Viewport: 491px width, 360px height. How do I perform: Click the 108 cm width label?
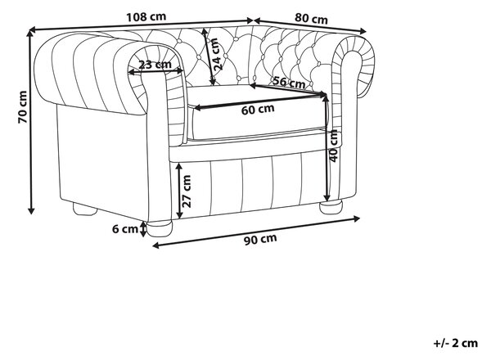[x=146, y=16]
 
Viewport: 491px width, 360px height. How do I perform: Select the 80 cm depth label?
[x=311, y=19]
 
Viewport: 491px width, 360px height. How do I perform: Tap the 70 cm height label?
[x=22, y=106]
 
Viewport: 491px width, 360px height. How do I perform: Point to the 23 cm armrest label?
[x=155, y=65]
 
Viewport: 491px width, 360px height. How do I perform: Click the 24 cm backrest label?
[x=216, y=54]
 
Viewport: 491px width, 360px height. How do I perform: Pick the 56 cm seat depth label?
[x=289, y=82]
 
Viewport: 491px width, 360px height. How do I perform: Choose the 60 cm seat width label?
[x=258, y=110]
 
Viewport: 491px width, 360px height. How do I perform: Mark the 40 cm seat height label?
[x=334, y=146]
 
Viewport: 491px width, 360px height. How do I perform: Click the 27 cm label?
[x=187, y=191]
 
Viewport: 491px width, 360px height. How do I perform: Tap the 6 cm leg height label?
[x=125, y=229]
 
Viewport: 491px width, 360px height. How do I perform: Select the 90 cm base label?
[x=260, y=239]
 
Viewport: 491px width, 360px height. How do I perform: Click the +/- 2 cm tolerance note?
[x=456, y=343]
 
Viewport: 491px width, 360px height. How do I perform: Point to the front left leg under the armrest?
[x=159, y=228]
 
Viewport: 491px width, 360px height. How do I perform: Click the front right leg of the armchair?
[x=331, y=207]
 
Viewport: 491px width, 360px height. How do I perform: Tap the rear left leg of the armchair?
[x=85, y=209]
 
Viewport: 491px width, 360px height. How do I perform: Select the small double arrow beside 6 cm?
[x=143, y=229]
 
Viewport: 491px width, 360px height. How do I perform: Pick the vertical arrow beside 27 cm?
[x=179, y=191]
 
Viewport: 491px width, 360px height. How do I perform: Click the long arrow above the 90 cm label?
[x=255, y=232]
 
